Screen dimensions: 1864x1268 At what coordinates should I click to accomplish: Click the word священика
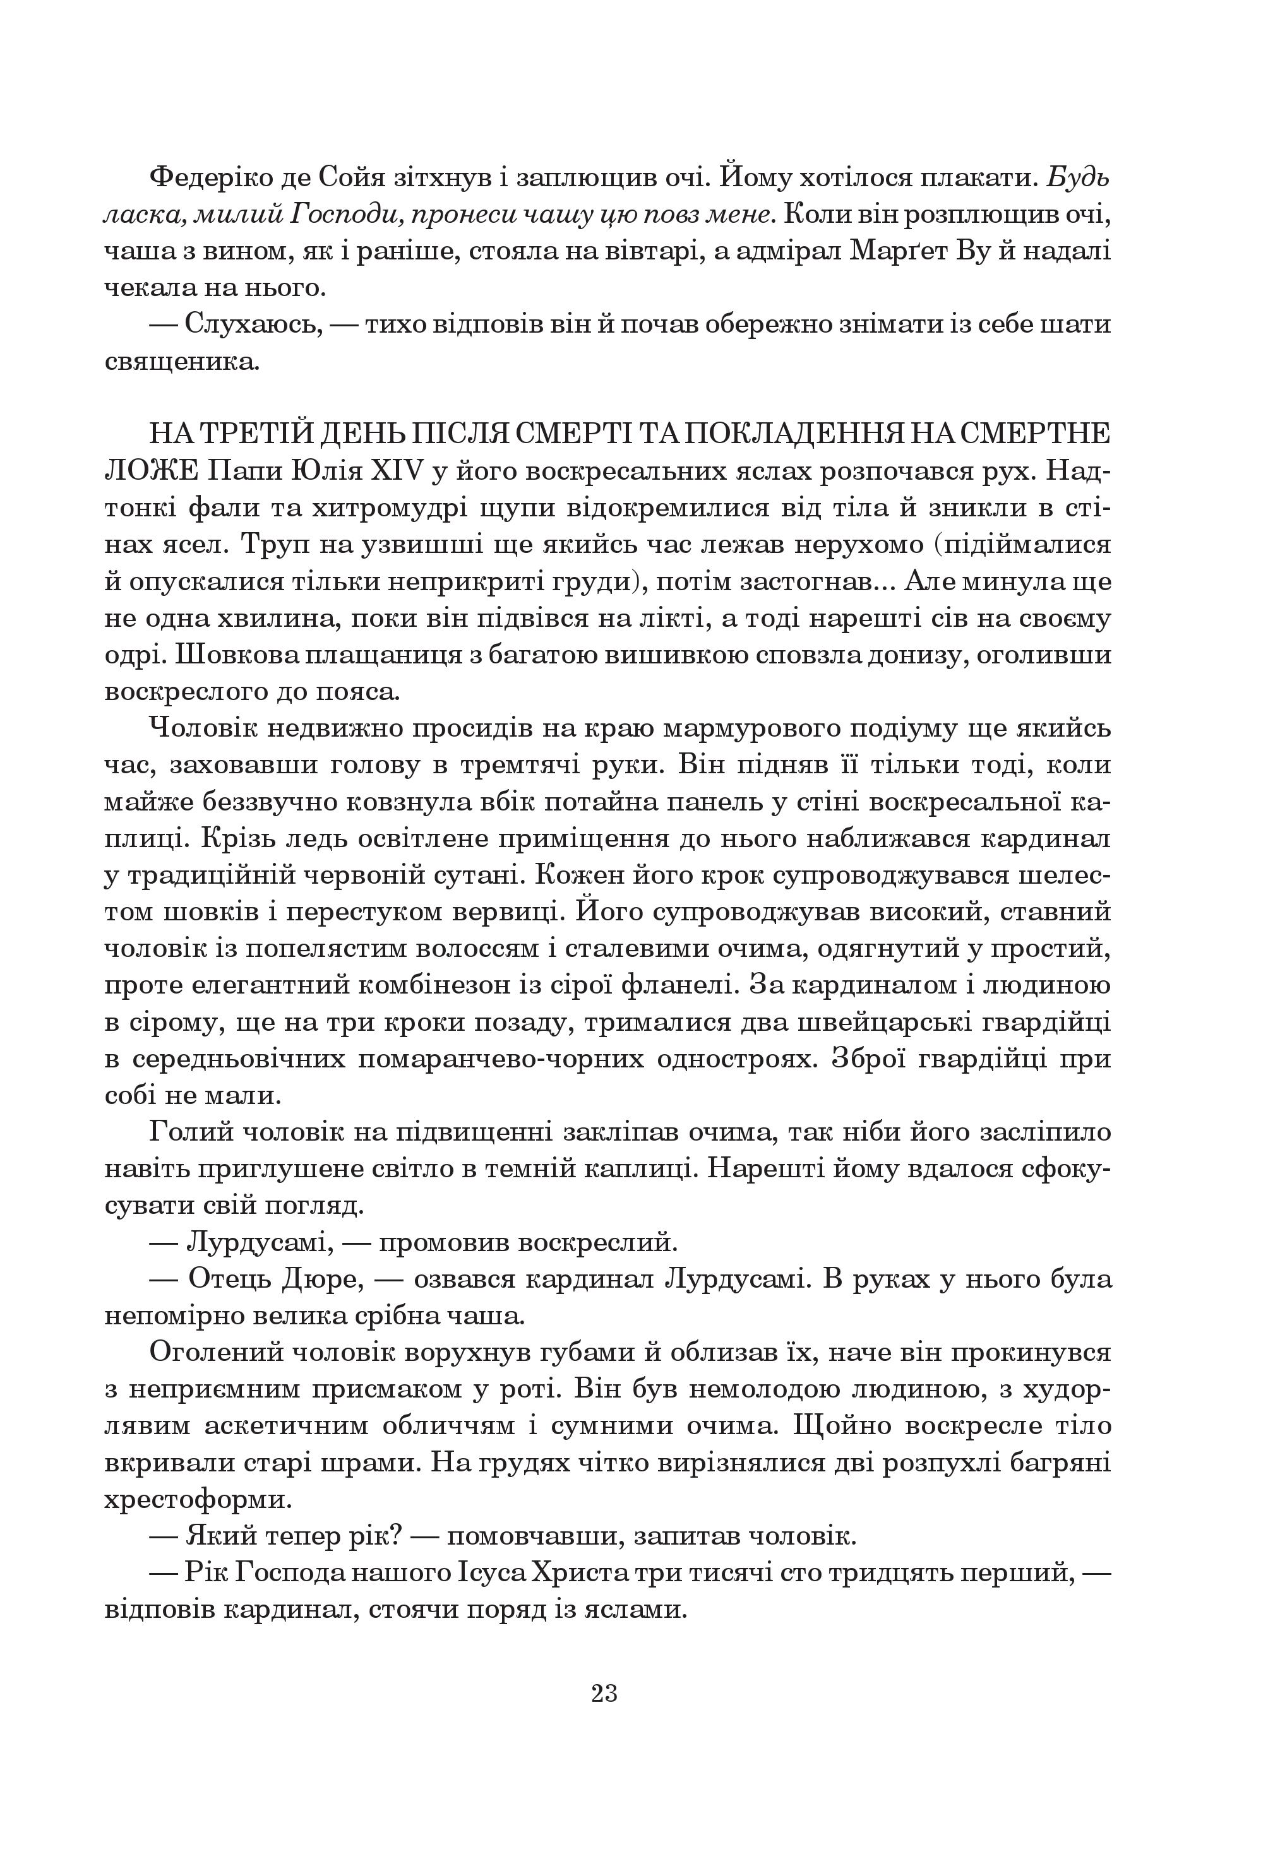182,362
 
